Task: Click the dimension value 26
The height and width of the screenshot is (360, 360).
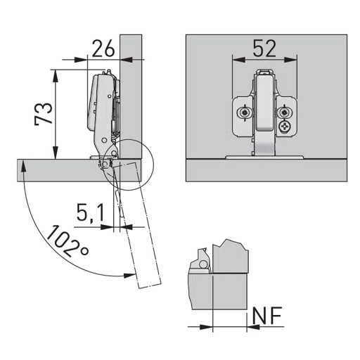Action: (103, 49)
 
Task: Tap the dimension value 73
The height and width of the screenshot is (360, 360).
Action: (43, 114)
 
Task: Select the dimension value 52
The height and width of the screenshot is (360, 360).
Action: (264, 49)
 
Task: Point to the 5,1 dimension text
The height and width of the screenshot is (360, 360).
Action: (91, 212)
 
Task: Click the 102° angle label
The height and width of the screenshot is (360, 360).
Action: (67, 240)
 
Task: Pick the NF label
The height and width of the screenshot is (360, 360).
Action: (266, 315)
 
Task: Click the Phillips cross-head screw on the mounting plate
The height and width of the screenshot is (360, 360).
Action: (285, 127)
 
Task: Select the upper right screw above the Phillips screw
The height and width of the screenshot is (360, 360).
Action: (284, 113)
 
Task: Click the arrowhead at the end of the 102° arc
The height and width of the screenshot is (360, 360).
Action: (129, 276)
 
